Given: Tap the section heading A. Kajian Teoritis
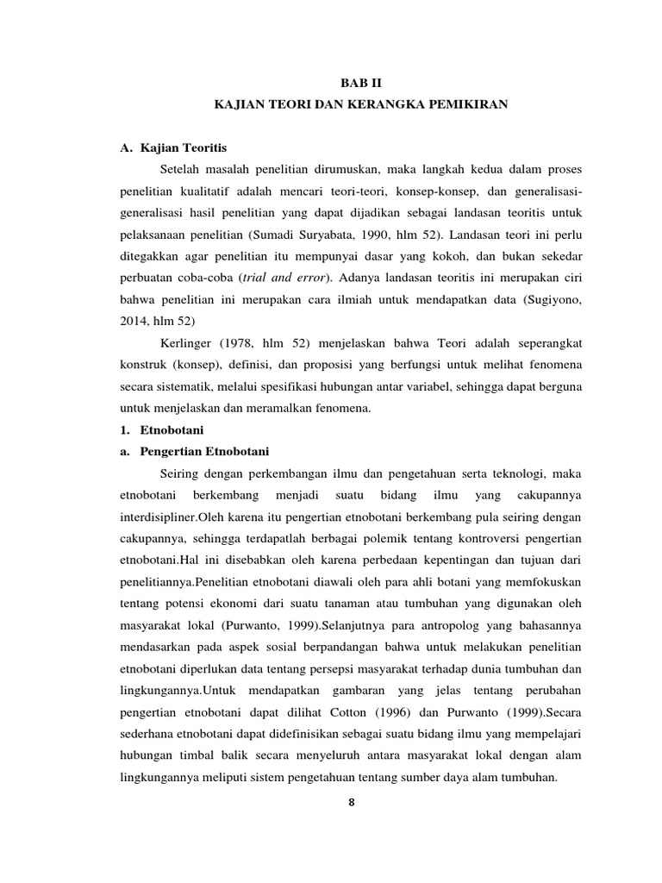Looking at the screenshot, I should click(x=172, y=148).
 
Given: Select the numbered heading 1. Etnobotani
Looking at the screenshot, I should click(x=161, y=429).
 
